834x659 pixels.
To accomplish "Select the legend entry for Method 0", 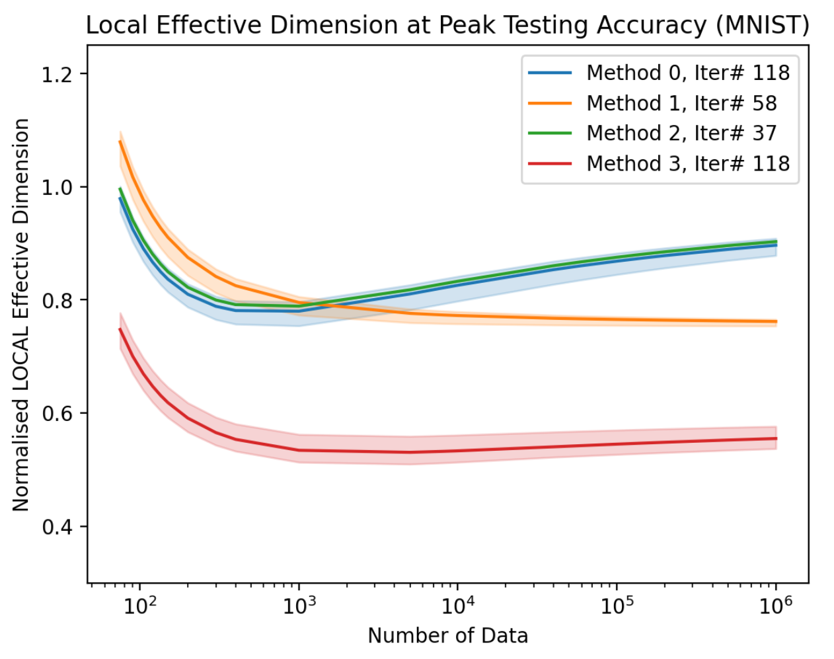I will pyautogui.click(x=687, y=73).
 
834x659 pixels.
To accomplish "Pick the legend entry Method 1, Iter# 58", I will pyautogui.click(x=681, y=103).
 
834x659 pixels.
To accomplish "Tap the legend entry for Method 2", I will pyautogui.click(x=681, y=133).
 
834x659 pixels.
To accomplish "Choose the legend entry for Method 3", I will pyautogui.click(x=687, y=163).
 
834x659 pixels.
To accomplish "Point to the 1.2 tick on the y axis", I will pyautogui.click(x=56, y=74).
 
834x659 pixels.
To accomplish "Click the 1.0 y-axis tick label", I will pyautogui.click(x=56, y=187).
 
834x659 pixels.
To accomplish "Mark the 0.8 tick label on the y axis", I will pyautogui.click(x=56, y=300).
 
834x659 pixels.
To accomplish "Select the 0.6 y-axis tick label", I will pyautogui.click(x=56, y=414).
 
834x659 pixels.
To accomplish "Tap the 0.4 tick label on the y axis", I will pyautogui.click(x=56, y=527).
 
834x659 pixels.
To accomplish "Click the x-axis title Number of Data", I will pyautogui.click(x=447, y=636).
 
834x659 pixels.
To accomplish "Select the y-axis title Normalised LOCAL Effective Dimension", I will pyautogui.click(x=21, y=315).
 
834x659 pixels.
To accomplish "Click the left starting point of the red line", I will pyautogui.click(x=120, y=329).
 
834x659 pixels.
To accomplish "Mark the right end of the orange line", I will pyautogui.click(x=776, y=322).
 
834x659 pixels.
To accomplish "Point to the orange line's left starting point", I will pyautogui.click(x=120, y=141).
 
